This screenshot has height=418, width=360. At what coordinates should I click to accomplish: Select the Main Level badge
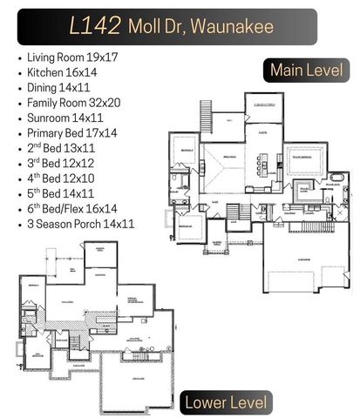[x=306, y=70]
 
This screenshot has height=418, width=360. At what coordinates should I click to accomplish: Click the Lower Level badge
[x=225, y=401]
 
